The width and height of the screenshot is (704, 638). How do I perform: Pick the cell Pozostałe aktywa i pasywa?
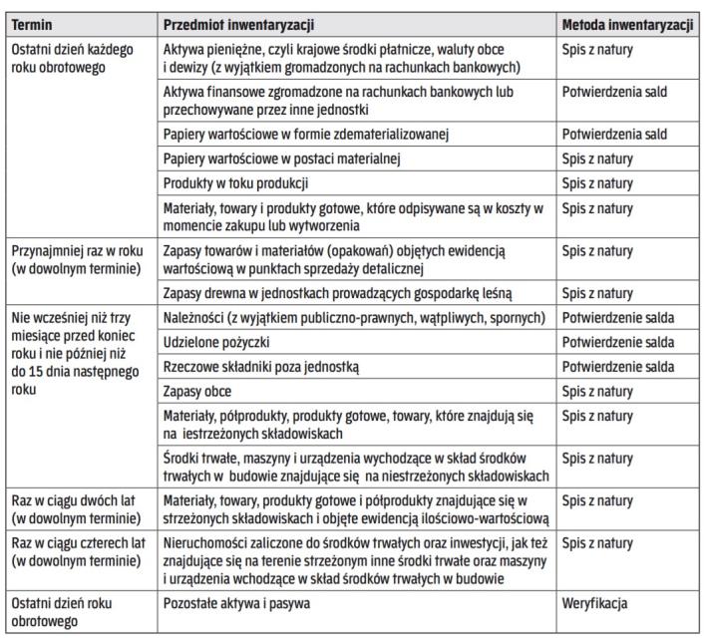tap(236, 604)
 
